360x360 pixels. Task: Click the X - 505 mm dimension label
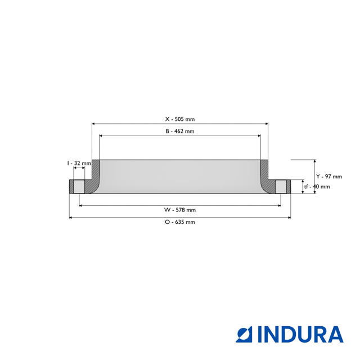(x=179, y=119)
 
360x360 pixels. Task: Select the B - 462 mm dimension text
(x=179, y=131)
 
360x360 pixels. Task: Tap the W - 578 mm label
(x=179, y=210)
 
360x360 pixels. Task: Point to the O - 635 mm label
(x=179, y=222)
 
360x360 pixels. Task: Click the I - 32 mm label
(x=78, y=163)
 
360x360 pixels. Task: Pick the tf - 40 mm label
(x=317, y=187)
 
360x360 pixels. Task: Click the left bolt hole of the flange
(x=79, y=187)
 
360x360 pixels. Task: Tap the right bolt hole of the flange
(x=280, y=187)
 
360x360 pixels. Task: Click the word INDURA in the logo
(x=300, y=334)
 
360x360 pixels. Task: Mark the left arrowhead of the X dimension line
(x=94, y=124)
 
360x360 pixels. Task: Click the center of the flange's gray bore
(x=179, y=177)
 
